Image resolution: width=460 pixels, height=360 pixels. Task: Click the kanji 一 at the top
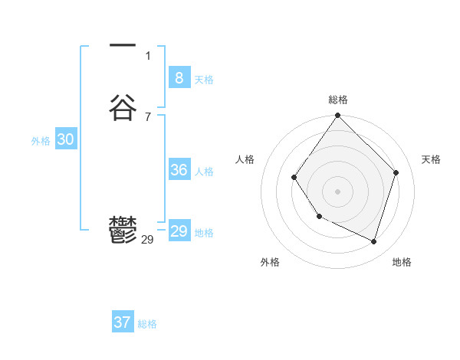coord(123,47)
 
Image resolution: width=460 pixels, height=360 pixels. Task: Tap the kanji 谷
coord(123,107)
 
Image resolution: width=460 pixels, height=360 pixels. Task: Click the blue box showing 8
coord(179,77)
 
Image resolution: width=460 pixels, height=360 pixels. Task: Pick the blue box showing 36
coord(179,170)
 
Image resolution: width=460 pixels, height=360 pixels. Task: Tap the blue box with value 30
coord(66,139)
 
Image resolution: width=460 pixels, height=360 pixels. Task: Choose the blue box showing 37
coord(123,322)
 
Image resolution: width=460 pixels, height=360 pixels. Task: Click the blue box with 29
coord(179,231)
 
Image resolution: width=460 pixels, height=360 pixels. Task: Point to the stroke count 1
coord(148,55)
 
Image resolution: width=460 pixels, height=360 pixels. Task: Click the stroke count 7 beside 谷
coord(148,116)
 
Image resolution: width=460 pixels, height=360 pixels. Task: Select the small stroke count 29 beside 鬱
coord(148,240)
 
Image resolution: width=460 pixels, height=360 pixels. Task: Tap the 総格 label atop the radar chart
coord(338,100)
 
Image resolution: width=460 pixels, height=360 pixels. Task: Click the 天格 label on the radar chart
coord(431,159)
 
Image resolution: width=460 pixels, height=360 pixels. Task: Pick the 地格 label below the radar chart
coord(402,262)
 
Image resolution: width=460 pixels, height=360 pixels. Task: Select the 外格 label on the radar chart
coord(270,262)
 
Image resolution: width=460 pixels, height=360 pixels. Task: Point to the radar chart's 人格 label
coord(245,159)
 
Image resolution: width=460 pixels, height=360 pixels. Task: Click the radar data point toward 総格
coord(337,116)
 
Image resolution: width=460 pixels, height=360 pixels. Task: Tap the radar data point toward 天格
coord(396,172)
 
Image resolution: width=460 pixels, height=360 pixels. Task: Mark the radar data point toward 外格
coord(320,217)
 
